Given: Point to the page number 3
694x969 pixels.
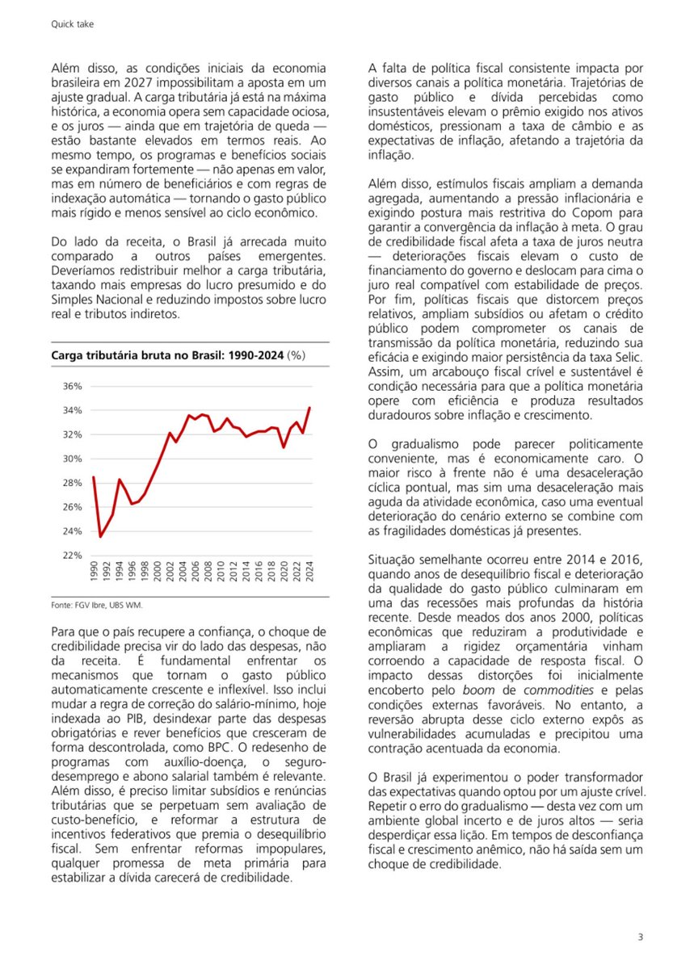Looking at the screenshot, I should [x=640, y=937].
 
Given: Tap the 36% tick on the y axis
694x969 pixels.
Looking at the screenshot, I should [x=73, y=386].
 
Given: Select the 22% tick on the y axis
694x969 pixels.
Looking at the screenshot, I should [x=73, y=556].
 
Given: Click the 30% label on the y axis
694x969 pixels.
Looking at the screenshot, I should [x=73, y=459].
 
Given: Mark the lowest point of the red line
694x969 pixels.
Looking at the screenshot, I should [x=101, y=536].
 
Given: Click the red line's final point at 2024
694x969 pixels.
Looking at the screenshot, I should [x=310, y=408].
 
